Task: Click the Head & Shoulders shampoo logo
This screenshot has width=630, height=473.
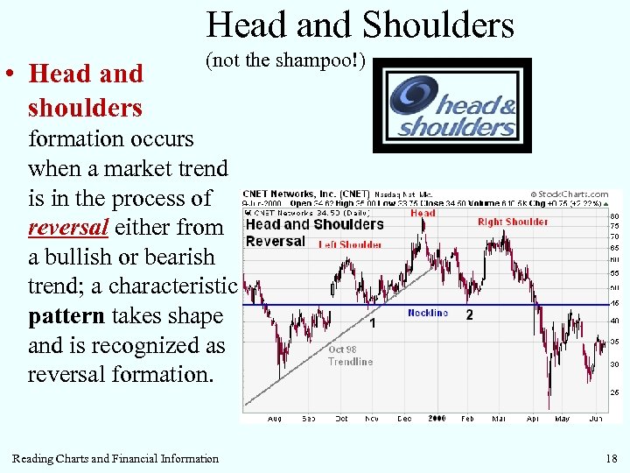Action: click(452, 106)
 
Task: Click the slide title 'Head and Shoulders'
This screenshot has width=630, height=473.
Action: click(360, 25)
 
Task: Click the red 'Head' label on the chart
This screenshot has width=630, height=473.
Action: click(423, 213)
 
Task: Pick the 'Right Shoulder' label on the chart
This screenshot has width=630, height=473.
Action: click(513, 222)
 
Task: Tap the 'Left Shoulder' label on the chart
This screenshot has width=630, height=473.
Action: click(350, 245)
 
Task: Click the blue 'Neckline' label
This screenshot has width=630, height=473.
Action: click(427, 313)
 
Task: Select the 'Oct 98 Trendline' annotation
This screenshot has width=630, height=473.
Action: click(350, 355)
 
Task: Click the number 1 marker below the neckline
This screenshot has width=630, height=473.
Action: click(373, 323)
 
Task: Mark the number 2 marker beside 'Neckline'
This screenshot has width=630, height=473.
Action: click(470, 314)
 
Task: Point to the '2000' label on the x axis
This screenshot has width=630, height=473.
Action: click(437, 419)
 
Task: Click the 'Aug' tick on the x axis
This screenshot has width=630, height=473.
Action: click(275, 419)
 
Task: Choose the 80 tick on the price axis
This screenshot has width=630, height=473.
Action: click(615, 215)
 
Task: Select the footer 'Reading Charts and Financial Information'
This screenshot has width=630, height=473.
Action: click(115, 458)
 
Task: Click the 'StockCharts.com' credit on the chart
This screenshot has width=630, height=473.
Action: click(570, 194)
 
